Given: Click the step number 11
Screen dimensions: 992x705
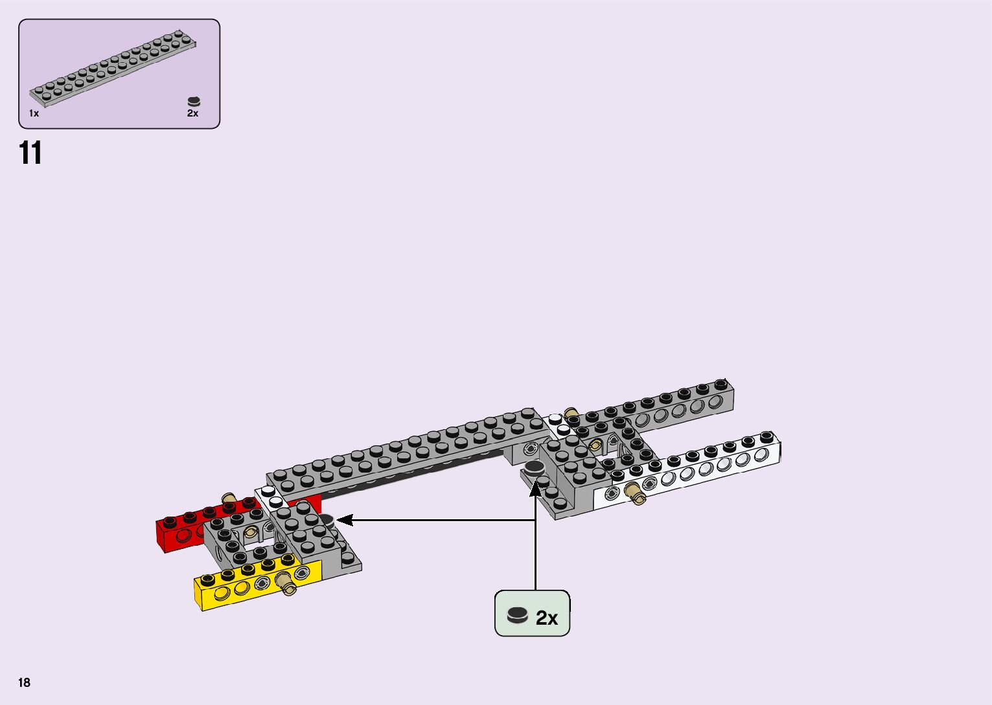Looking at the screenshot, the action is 30,153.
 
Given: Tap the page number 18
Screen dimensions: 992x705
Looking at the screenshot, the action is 25,682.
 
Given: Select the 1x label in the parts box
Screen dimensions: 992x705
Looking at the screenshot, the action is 34,113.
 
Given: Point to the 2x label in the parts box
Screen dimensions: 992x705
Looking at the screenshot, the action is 192,113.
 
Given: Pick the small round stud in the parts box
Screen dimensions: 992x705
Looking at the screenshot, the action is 194,102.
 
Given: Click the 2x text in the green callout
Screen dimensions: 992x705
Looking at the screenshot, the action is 547,618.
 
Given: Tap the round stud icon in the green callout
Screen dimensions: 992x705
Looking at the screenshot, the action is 518,615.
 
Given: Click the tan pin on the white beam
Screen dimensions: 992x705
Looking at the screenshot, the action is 636,494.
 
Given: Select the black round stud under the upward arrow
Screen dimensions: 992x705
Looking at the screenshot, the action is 534,469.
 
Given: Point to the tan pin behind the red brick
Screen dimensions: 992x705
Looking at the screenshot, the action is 229,498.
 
